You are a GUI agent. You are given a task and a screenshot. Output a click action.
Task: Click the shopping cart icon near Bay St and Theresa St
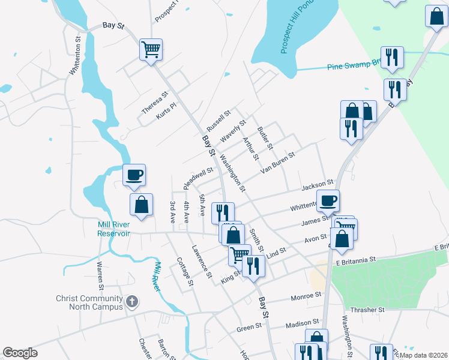(151, 49)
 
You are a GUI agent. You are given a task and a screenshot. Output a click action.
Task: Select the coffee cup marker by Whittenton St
(328, 201)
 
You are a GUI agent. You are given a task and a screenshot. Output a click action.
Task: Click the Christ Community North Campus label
(89, 302)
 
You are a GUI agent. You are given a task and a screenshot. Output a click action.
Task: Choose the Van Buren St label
(278, 163)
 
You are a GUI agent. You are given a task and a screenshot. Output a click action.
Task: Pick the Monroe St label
(306, 296)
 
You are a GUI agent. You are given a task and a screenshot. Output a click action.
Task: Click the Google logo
(20, 353)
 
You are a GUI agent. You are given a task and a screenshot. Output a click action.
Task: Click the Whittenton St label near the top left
(75, 55)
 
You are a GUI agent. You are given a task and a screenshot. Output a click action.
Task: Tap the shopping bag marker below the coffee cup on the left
(141, 205)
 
